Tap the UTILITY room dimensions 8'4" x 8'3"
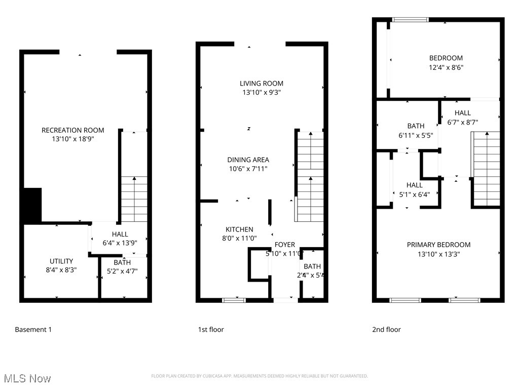[61, 270]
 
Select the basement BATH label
[122, 262]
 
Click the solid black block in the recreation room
[32, 205]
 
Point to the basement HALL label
[120, 234]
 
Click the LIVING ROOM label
[262, 83]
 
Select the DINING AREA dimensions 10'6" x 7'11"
[248, 169]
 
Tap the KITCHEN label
[239, 229]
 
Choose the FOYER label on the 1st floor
[285, 245]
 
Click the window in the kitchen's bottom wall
[234, 300]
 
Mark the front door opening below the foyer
[285, 300]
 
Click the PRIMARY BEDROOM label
[438, 245]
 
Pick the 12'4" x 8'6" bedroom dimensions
[446, 67]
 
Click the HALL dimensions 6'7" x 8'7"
[463, 122]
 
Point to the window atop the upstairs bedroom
[411, 20]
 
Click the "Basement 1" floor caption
[33, 330]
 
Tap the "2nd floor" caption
[387, 330]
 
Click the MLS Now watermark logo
[27, 378]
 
